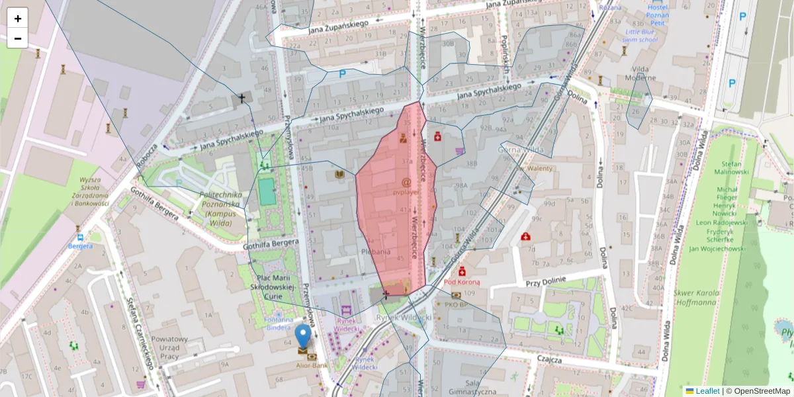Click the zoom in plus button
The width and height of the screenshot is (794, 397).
18,19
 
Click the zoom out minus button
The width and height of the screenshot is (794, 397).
18,38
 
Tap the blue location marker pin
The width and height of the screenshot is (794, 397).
303,335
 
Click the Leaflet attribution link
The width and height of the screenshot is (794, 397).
707,391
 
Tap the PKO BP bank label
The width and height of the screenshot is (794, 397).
457,305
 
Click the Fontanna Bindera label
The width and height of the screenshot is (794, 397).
277,324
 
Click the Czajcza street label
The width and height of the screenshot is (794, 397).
549,360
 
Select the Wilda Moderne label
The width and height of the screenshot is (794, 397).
640,73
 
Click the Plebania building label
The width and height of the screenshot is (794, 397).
375,251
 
